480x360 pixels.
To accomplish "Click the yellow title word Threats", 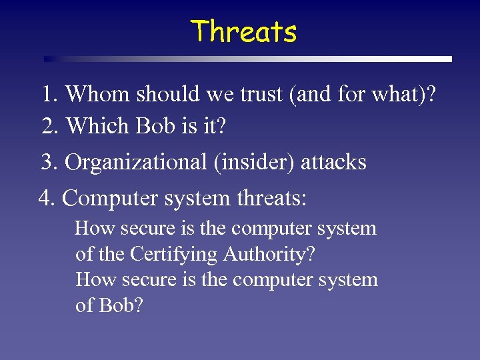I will coord(243,31).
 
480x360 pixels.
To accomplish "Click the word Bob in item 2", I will coord(157,125).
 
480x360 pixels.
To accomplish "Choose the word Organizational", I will coord(137,162).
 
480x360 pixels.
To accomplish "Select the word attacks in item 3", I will coord(334,162).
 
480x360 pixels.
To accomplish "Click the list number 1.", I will coord(49,95).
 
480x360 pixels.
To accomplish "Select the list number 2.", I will coord(49,125).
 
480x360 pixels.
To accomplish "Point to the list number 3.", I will coord(49,162).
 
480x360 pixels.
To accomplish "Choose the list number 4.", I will coord(47,198).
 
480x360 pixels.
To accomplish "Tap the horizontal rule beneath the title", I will coord(247,59).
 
